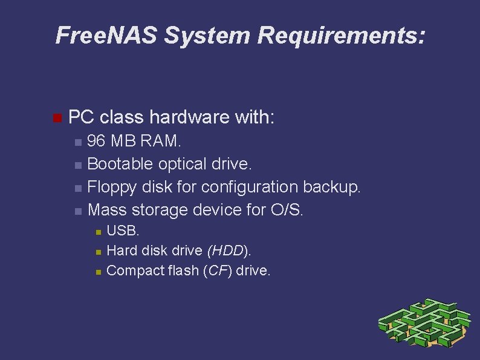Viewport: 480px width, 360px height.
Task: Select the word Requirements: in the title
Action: pos(342,36)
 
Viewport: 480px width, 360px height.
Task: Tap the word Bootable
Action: pos(121,164)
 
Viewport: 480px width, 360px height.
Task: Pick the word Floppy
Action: pos(112,187)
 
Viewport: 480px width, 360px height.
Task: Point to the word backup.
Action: pos(331,187)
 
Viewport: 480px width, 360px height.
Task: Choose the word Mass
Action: pos(107,210)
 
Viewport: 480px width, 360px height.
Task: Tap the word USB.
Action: pos(123,231)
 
